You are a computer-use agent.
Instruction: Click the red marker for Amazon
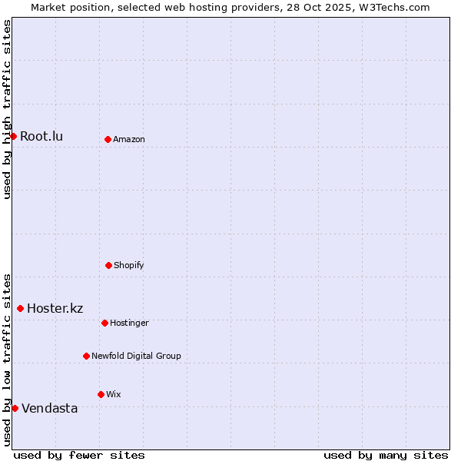click(x=108, y=139)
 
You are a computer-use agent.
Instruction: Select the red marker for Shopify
click(x=108, y=265)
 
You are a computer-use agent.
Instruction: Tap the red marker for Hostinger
click(x=104, y=323)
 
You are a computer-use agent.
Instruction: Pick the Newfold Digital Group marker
click(x=86, y=356)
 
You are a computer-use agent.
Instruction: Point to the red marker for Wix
click(x=101, y=394)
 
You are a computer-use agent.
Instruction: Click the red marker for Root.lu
click(x=13, y=136)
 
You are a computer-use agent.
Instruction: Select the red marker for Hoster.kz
click(x=20, y=308)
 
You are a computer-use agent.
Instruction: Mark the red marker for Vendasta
click(x=15, y=408)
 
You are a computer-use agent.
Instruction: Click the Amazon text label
click(x=129, y=140)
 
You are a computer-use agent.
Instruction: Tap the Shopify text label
click(x=129, y=266)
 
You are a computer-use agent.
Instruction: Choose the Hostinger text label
click(x=129, y=323)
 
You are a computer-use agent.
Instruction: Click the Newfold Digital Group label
click(x=136, y=357)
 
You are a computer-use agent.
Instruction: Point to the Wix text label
click(x=114, y=395)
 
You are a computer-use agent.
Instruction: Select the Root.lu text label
click(x=41, y=137)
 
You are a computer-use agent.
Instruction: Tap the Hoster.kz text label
click(x=55, y=309)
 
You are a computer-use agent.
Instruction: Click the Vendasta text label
click(x=50, y=409)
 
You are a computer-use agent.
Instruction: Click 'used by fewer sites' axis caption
click(x=79, y=455)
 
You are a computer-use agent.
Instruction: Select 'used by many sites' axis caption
click(x=386, y=455)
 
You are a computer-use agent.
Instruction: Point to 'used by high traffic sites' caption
click(x=7, y=109)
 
